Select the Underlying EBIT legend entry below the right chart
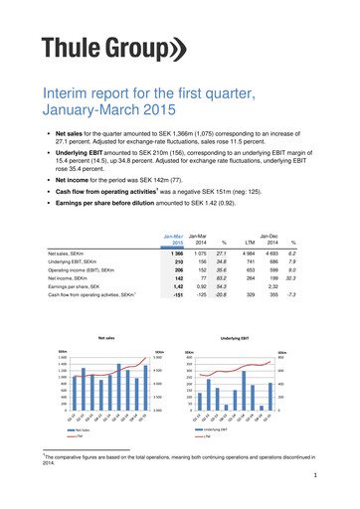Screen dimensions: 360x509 pos(233,430)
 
